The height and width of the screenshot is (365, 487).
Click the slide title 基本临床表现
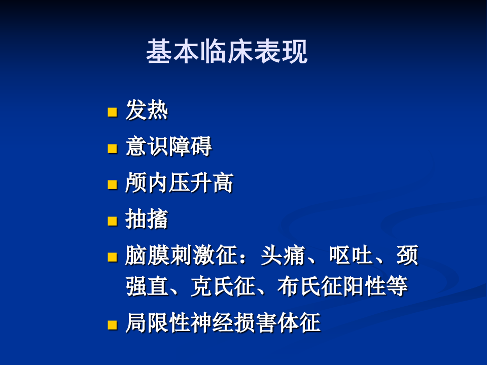click(226, 52)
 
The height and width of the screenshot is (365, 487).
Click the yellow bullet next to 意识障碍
click(112, 149)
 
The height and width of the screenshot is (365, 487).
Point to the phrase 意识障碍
click(168, 148)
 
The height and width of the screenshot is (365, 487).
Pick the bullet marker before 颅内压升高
click(112, 185)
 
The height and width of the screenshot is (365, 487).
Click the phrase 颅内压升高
click(179, 184)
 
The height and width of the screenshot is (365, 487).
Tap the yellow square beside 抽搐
click(112, 221)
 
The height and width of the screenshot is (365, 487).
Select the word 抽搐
click(147, 220)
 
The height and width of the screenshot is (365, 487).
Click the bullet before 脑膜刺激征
click(112, 257)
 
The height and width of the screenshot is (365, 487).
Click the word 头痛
click(282, 256)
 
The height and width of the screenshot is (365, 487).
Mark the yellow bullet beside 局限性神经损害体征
click(112, 324)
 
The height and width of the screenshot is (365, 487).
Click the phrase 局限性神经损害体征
click(223, 323)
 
